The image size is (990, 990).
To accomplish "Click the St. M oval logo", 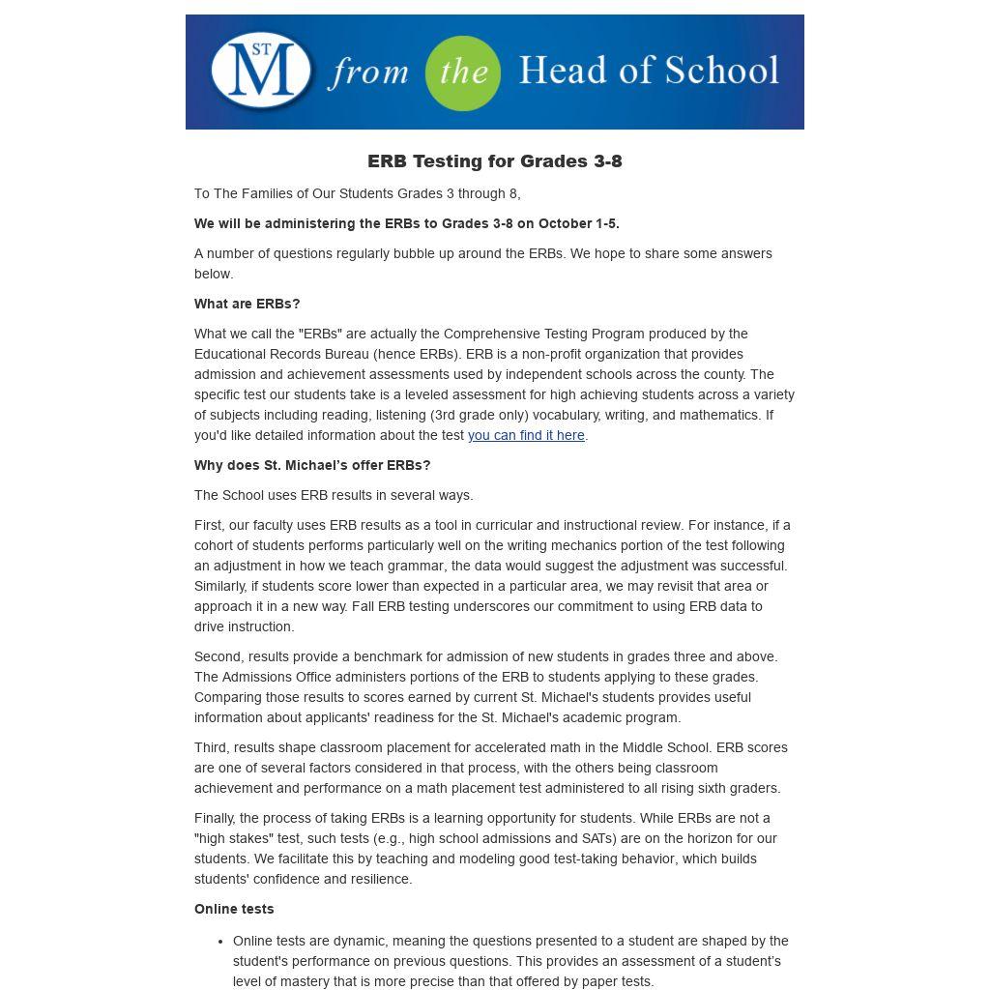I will click(261, 72).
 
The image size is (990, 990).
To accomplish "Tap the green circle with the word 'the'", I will click(463, 73).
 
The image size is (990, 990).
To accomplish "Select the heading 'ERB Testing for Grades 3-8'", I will click(494, 161).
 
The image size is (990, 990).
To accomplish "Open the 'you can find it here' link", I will click(526, 435).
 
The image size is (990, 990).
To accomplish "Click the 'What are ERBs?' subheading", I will click(247, 304).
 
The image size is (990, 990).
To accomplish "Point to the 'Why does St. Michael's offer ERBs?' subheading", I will click(312, 465).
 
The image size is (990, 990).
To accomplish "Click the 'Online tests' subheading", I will click(234, 909).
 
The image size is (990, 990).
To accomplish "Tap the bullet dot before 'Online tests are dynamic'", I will click(221, 941).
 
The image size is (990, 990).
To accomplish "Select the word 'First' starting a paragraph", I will click(208, 525).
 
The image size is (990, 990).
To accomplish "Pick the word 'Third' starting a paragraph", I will click(211, 747).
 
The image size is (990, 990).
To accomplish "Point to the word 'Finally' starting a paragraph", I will click(214, 818).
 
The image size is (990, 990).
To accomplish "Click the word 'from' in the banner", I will click(367, 73).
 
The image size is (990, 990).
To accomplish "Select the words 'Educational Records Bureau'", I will click(281, 354).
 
